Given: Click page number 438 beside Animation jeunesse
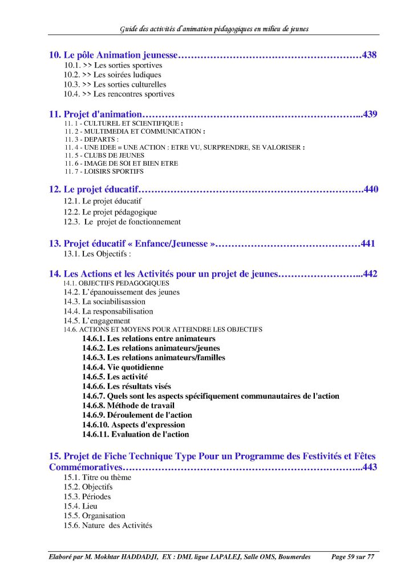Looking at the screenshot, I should [x=370, y=55].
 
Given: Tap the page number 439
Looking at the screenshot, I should [x=370, y=114].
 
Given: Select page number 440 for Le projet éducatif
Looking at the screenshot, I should [x=371, y=189].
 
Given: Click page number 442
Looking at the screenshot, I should [x=370, y=274].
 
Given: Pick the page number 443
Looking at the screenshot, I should [x=370, y=467].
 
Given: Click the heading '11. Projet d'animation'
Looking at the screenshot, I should [x=95, y=114].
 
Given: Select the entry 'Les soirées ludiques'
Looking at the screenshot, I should [x=127, y=75].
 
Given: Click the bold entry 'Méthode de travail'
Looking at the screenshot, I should [x=140, y=405].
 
